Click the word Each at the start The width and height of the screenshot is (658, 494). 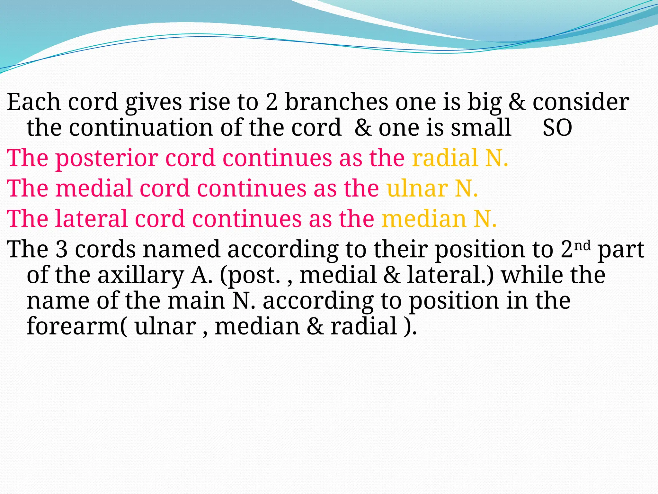click(x=34, y=102)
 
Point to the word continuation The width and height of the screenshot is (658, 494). click(x=141, y=128)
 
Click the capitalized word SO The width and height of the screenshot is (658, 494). click(x=557, y=128)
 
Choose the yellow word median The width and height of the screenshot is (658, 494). click(x=424, y=219)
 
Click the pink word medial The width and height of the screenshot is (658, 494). click(x=94, y=188)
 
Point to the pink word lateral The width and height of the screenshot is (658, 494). click(x=92, y=219)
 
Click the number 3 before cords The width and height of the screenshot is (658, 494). click(x=61, y=250)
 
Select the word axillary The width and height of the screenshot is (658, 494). click(x=140, y=276)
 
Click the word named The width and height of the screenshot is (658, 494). click(x=182, y=250)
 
